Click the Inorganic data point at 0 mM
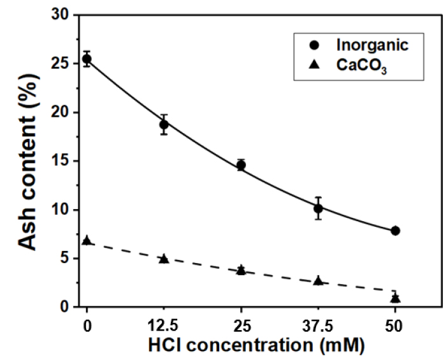point(87,59)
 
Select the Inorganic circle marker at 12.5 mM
point(164,124)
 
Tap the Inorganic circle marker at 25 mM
point(241,165)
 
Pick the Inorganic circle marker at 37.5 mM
point(318,208)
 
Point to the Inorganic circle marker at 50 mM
point(395,231)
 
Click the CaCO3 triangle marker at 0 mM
point(87,241)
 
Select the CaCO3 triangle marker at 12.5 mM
point(164,259)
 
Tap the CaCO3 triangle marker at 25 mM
point(241,270)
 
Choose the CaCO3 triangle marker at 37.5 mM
point(318,281)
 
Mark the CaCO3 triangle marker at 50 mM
point(395,298)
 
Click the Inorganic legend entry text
point(372,46)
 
